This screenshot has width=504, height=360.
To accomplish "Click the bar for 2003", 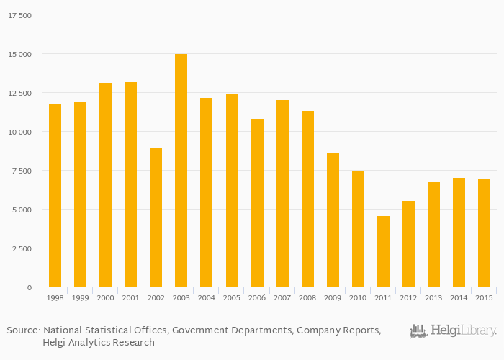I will (x=181, y=171).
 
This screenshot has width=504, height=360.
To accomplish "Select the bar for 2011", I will (x=383, y=251).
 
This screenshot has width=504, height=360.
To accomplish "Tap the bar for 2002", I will (x=156, y=217).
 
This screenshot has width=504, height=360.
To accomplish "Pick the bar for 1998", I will (x=55, y=195).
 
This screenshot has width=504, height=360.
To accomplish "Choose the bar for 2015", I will (x=484, y=233).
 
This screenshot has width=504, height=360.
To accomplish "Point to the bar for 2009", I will (x=333, y=220).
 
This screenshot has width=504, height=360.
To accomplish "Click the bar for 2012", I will (x=408, y=244).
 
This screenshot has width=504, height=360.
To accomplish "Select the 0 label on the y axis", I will (x=29, y=287).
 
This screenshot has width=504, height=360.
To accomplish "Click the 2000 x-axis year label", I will (x=105, y=297).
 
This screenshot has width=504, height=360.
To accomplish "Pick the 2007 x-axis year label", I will (x=282, y=297).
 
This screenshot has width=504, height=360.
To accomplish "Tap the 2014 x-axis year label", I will (x=459, y=297).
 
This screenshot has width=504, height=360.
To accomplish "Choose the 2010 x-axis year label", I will (x=358, y=297).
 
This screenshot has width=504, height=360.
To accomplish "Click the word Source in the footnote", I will (x=23, y=330).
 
